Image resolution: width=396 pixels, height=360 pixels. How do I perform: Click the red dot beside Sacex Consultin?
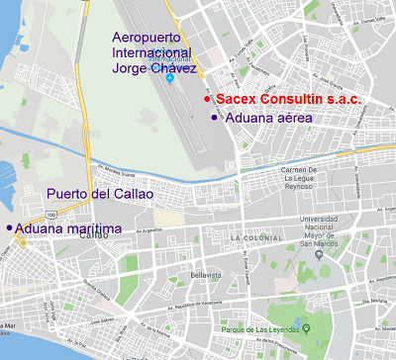[x=207, y=100]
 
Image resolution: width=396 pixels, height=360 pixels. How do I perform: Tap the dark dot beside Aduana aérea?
[x=214, y=118]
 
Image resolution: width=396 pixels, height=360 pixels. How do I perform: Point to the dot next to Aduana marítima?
[x=10, y=228]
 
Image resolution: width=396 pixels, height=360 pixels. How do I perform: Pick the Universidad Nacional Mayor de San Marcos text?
[x=324, y=230]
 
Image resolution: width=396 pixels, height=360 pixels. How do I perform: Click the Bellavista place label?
[x=204, y=273]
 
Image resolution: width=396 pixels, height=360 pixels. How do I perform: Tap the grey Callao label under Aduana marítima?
[x=94, y=236]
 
